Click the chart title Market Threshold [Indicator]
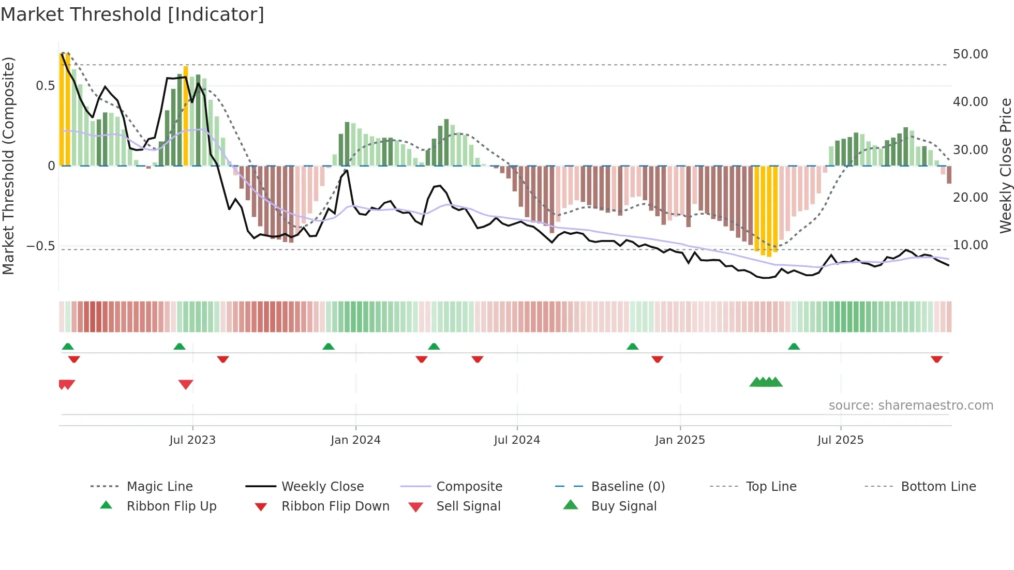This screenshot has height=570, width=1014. (x=132, y=14)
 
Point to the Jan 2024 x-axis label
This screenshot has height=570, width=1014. (x=355, y=440)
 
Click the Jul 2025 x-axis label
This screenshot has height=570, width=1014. (x=840, y=440)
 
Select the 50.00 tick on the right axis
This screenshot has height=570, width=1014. (x=970, y=54)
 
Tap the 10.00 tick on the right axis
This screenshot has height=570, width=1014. (x=970, y=245)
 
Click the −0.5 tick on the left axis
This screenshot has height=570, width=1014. (x=41, y=246)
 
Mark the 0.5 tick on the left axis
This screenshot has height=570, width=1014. (x=45, y=86)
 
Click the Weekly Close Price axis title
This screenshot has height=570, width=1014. (x=1005, y=166)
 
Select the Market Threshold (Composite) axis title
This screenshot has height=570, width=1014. (x=8, y=166)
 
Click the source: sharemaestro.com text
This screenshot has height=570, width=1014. (x=911, y=406)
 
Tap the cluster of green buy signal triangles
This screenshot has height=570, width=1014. (x=766, y=382)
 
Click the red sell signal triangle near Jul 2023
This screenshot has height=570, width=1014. (x=186, y=384)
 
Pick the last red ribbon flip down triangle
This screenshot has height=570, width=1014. (x=936, y=359)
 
